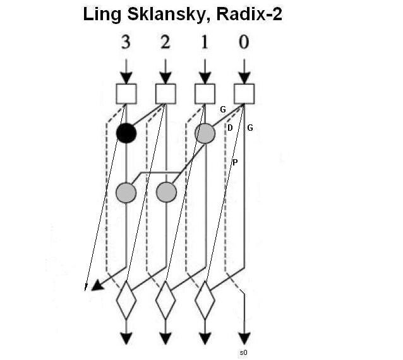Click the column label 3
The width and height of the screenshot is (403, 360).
point(126,43)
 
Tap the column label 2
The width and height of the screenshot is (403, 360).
point(165,43)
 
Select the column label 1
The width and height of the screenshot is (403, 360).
point(205,43)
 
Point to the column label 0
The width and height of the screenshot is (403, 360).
point(244,43)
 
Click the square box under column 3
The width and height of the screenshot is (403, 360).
point(126,93)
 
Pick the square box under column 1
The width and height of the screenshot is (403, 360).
point(205,93)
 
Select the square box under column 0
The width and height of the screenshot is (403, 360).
point(244,93)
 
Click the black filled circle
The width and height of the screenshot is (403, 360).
point(126,133)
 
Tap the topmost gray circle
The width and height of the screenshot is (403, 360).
point(205,133)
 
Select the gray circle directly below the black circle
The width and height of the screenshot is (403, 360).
point(126,191)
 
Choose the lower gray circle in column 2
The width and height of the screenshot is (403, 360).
point(165,191)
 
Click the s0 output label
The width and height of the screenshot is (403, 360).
point(243,351)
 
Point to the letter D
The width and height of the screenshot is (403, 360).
point(230,128)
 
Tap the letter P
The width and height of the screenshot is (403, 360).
point(235,162)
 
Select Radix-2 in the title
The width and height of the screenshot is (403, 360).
point(250,15)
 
